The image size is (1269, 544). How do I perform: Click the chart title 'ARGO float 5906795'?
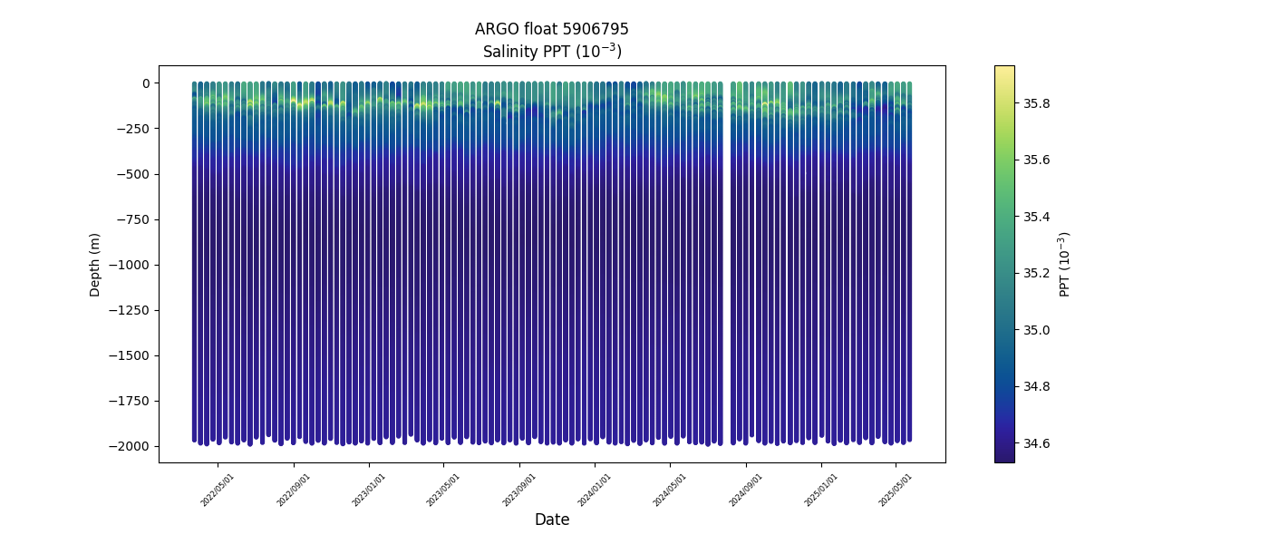click(551, 29)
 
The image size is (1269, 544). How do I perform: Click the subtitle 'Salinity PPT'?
click(551, 52)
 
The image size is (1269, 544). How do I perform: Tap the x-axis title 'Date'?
click(551, 520)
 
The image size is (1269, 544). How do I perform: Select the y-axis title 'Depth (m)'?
click(95, 264)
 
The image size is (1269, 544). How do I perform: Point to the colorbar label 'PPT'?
click(1065, 264)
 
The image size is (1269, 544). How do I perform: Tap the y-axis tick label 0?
click(144, 83)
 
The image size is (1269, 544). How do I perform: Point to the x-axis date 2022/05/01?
click(218, 490)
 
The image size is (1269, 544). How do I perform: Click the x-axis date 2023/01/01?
click(369, 490)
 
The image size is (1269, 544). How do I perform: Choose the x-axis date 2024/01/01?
click(595, 490)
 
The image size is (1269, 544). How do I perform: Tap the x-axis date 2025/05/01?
click(896, 490)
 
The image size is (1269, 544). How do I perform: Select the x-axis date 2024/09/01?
click(745, 490)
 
